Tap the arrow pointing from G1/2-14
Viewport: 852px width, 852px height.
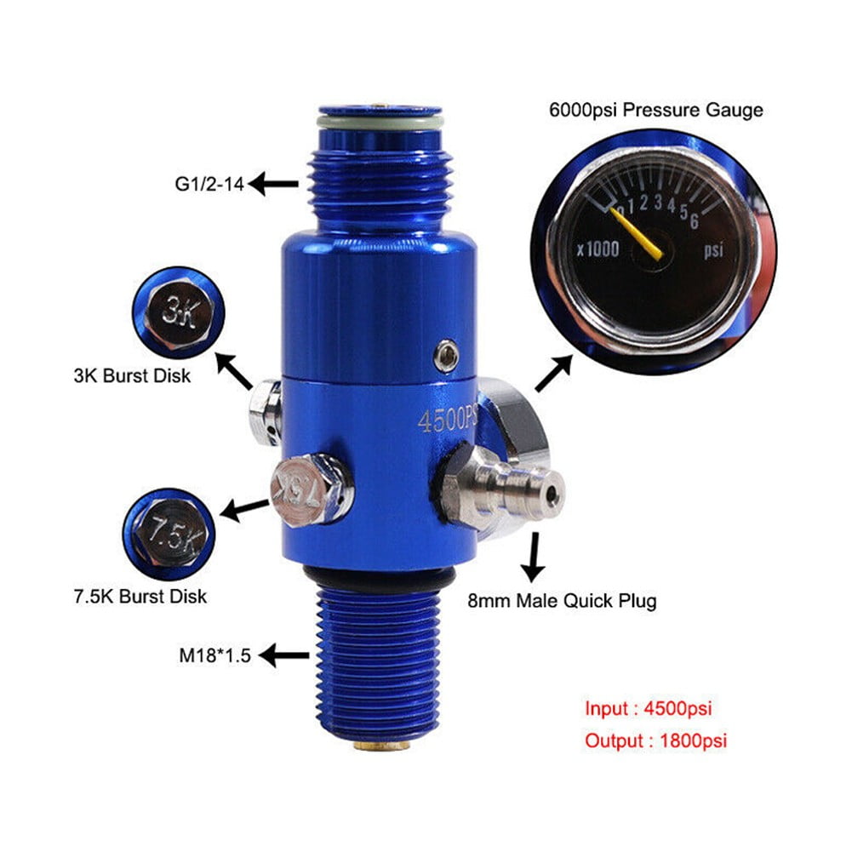(x=274, y=183)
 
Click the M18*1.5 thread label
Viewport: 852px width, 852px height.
(x=215, y=656)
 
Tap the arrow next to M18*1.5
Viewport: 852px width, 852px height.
(x=284, y=656)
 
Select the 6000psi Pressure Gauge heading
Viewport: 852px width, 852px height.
(x=655, y=110)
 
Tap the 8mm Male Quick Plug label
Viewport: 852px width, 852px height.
(x=563, y=601)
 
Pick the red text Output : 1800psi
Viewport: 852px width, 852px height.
(x=655, y=740)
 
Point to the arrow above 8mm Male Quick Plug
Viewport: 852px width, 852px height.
(x=537, y=558)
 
